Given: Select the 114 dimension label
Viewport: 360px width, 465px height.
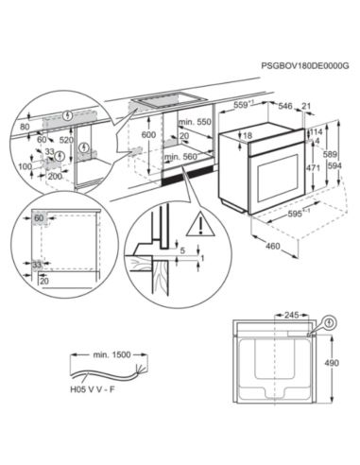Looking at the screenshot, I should (x=317, y=131).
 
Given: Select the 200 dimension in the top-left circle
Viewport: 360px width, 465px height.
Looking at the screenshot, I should (x=58, y=176).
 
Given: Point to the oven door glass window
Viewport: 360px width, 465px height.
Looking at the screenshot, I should (x=267, y=175).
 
